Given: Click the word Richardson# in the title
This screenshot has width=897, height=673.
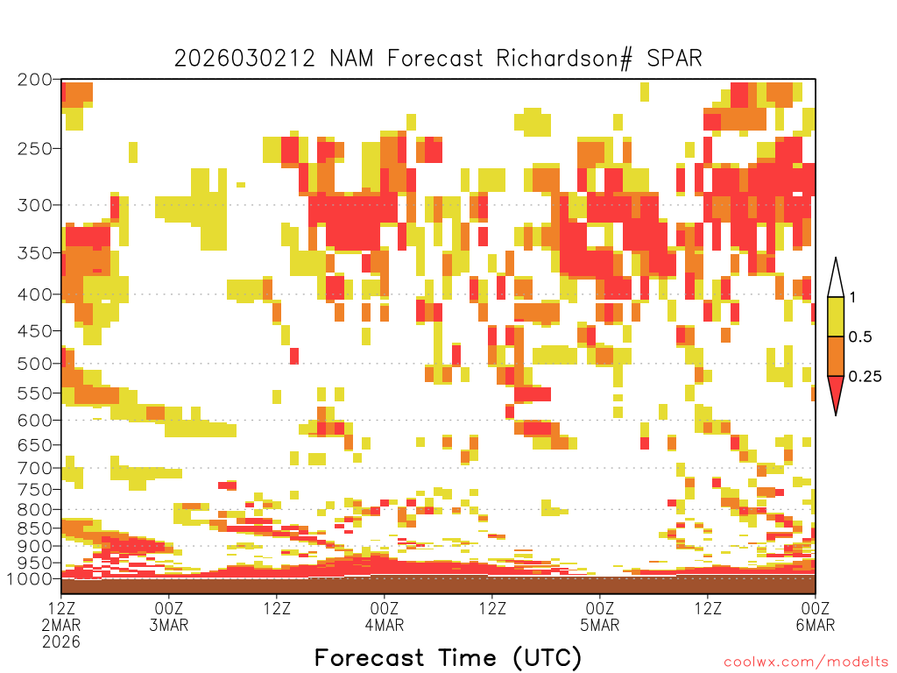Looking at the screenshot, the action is click(x=564, y=59).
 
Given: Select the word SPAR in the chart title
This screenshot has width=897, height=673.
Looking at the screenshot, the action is click(x=674, y=59).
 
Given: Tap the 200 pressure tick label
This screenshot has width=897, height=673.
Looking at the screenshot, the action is click(x=34, y=80).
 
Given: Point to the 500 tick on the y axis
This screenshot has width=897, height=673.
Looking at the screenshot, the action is click(x=34, y=364).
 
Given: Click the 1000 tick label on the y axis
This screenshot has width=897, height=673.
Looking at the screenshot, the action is click(x=29, y=578).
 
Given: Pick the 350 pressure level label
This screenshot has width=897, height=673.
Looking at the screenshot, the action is click(x=34, y=253).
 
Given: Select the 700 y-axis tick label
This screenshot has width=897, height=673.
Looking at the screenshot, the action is click(x=34, y=468).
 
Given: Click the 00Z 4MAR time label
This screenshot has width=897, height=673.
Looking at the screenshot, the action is click(x=385, y=616).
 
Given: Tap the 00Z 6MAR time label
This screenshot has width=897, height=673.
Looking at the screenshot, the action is click(x=816, y=616).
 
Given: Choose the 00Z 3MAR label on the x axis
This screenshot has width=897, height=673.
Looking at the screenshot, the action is click(x=169, y=616).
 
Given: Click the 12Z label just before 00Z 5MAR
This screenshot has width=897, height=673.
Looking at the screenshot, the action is click(x=492, y=608).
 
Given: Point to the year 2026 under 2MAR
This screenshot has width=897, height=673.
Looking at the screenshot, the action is click(x=61, y=641).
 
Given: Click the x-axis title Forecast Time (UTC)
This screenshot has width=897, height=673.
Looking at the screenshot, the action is click(x=448, y=657).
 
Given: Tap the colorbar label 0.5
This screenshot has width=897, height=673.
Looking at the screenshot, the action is click(x=860, y=337).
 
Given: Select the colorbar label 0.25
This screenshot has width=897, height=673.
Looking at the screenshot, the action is click(x=865, y=377).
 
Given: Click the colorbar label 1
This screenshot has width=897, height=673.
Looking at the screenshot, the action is click(x=852, y=298).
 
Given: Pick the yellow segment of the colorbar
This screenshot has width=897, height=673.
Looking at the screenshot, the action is click(x=836, y=316).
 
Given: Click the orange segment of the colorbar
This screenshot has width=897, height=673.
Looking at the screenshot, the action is click(x=836, y=356).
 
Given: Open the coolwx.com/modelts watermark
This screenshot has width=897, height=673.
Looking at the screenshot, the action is click(x=807, y=662).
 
